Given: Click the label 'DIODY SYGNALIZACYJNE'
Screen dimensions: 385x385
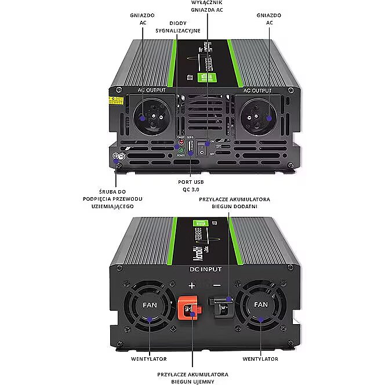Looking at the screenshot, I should click(180, 26).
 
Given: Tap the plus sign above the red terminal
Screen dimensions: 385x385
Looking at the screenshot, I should click(192, 285).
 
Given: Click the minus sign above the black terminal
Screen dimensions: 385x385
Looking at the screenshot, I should click(217, 285).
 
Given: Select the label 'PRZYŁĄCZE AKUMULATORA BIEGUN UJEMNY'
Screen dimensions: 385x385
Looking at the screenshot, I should click(192, 377).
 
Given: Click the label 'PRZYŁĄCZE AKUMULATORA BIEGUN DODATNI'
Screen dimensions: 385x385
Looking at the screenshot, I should click(234, 202).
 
